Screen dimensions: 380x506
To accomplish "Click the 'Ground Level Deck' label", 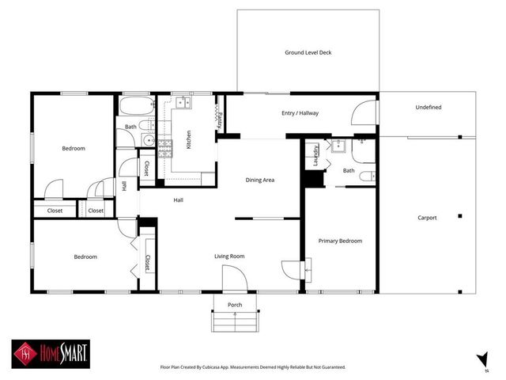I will click(308, 53).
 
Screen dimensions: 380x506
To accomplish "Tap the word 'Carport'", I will click(427, 218).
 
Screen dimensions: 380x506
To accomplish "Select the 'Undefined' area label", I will click(428, 107).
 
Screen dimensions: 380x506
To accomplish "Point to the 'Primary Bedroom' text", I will click(340, 241).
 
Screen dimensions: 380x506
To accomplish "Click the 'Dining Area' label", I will click(259, 180).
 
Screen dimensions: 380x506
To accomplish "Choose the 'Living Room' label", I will click(230, 256).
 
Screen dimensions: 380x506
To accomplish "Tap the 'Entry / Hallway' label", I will click(300, 113).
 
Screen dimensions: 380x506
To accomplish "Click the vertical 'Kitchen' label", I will click(188, 140).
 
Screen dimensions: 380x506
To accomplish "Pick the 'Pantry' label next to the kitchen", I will click(219, 118).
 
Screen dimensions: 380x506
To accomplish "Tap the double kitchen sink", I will click(183, 102).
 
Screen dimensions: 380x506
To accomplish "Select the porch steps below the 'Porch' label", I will click(234, 321).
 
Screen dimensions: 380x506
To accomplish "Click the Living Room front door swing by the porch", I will click(235, 278).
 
